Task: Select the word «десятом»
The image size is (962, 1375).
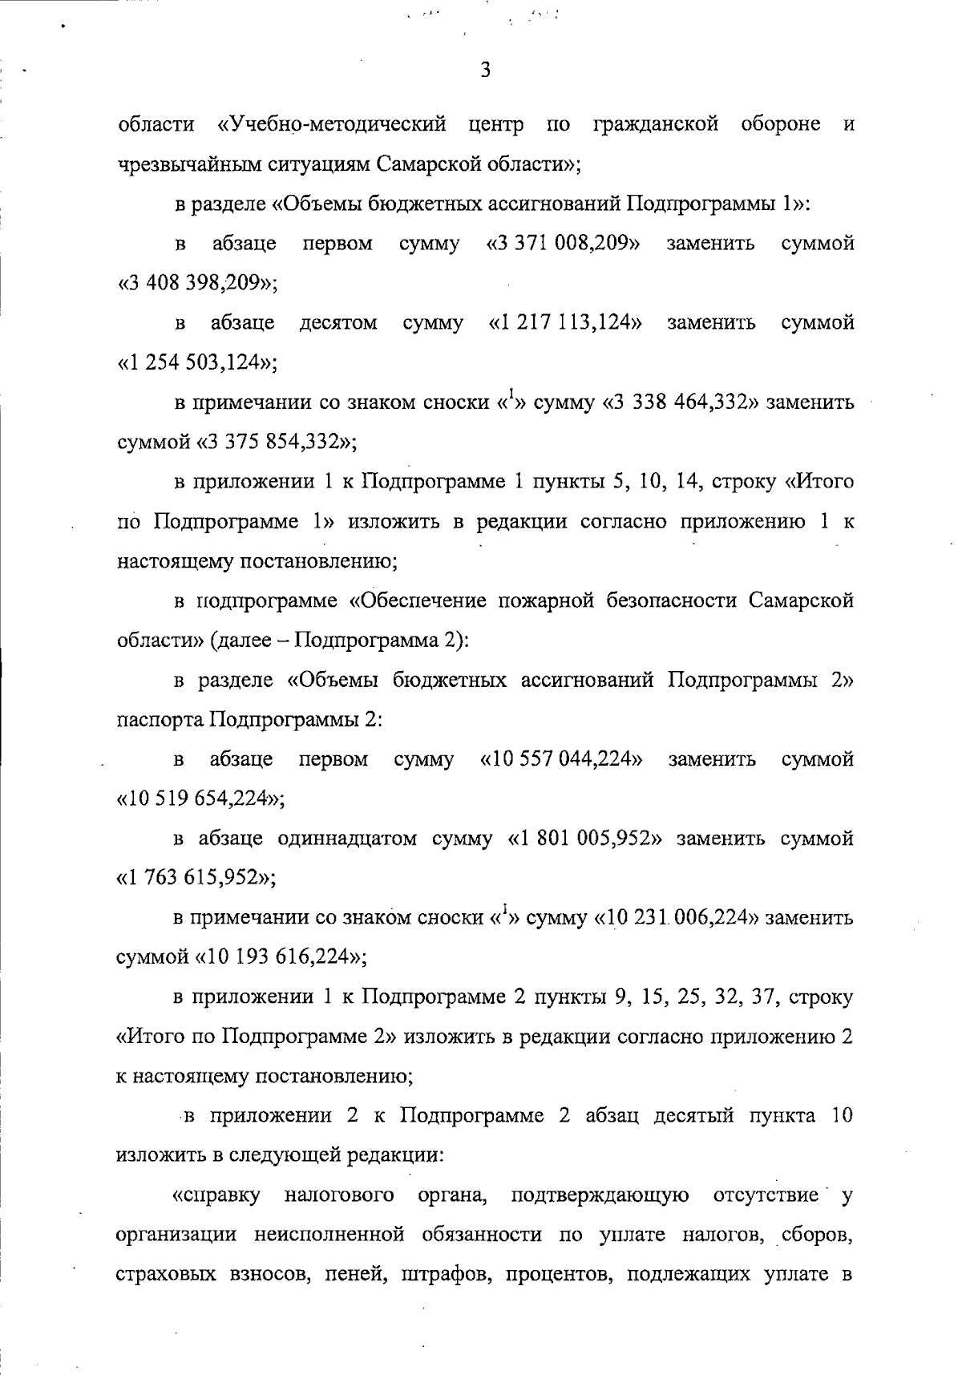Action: (338, 322)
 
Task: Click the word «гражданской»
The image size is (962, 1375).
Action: (655, 125)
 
